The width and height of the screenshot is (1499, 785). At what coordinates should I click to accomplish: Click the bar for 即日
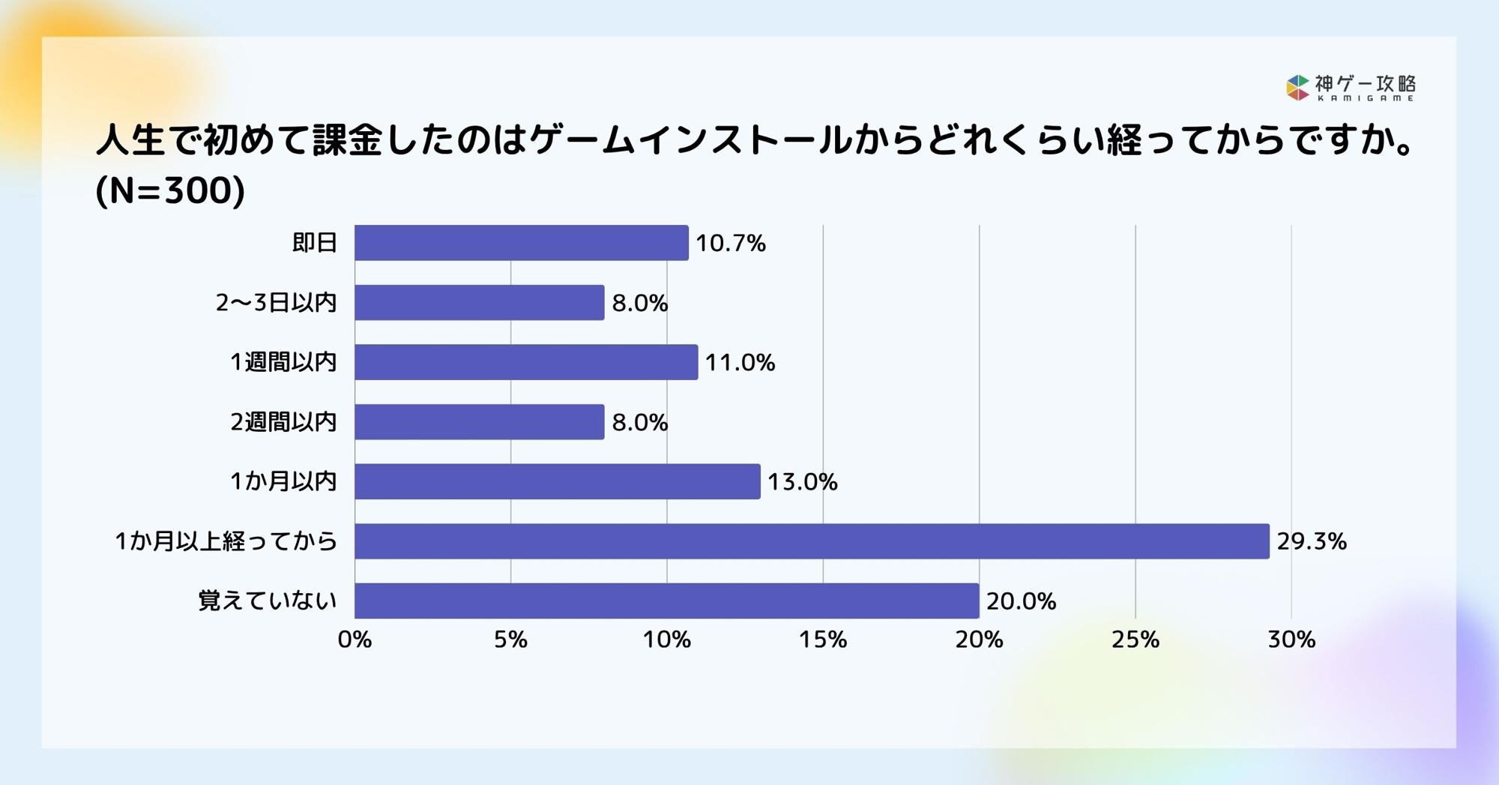[521, 243]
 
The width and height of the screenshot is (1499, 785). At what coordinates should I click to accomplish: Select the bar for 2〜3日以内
[479, 302]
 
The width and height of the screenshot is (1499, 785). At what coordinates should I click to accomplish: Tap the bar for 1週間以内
[526, 362]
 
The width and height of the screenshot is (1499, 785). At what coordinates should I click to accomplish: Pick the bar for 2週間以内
[479, 421]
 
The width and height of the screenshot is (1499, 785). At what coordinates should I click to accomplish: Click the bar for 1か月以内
[557, 481]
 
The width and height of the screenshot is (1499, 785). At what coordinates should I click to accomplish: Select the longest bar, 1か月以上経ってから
[812, 541]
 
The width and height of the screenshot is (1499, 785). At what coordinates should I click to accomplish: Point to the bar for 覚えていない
[666, 601]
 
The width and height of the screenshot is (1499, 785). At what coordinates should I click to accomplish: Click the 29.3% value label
[1312, 541]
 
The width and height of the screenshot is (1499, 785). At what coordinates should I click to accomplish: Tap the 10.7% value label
[731, 244]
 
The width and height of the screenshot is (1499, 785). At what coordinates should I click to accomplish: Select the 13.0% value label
[802, 482]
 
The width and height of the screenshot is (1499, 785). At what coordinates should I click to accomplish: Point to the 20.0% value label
[1021, 601]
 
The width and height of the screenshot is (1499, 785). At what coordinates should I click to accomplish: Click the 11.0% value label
[740, 363]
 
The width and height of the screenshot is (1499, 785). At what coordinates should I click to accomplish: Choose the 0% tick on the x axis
[355, 640]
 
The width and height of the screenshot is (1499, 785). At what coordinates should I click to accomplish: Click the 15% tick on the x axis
[823, 640]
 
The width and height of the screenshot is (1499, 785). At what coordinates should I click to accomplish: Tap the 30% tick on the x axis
[1291, 640]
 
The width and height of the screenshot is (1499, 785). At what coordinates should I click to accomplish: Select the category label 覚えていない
[268, 601]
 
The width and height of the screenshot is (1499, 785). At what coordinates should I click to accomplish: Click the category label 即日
[314, 243]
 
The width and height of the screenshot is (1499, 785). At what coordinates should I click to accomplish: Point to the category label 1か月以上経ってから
[226, 541]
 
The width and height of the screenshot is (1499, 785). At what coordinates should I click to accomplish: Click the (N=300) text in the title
[170, 190]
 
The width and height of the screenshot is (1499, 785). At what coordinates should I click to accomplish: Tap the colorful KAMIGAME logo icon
[1297, 88]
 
